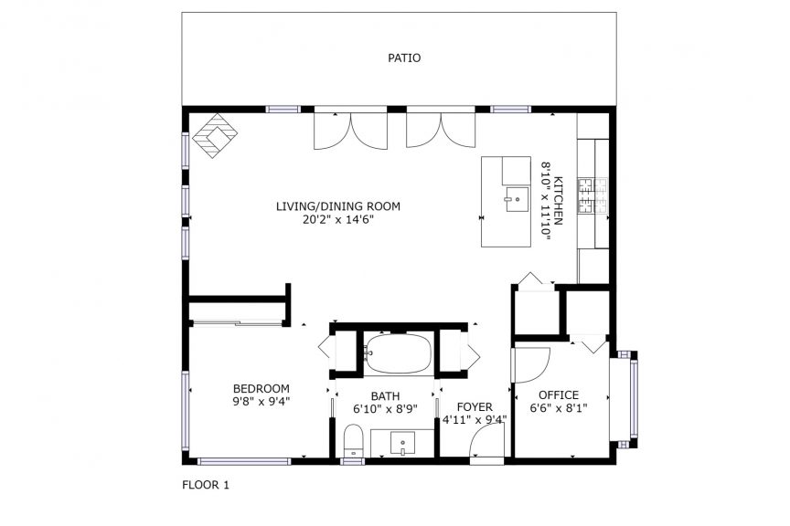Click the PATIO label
(x=404, y=58)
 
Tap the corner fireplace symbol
(x=215, y=135)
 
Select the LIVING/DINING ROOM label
(x=338, y=206)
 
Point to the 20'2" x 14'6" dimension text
(x=337, y=219)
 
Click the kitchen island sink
(x=517, y=199)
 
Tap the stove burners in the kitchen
(x=593, y=195)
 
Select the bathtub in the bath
(x=398, y=353)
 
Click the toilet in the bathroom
(x=353, y=440)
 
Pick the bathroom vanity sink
(x=402, y=444)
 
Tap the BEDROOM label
(x=261, y=389)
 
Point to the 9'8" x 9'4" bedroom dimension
(x=261, y=402)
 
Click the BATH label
(x=386, y=396)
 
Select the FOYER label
(x=475, y=406)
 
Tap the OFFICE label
(x=559, y=395)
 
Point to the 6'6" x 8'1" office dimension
(x=559, y=408)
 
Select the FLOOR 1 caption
(x=206, y=485)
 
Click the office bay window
(x=625, y=400)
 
